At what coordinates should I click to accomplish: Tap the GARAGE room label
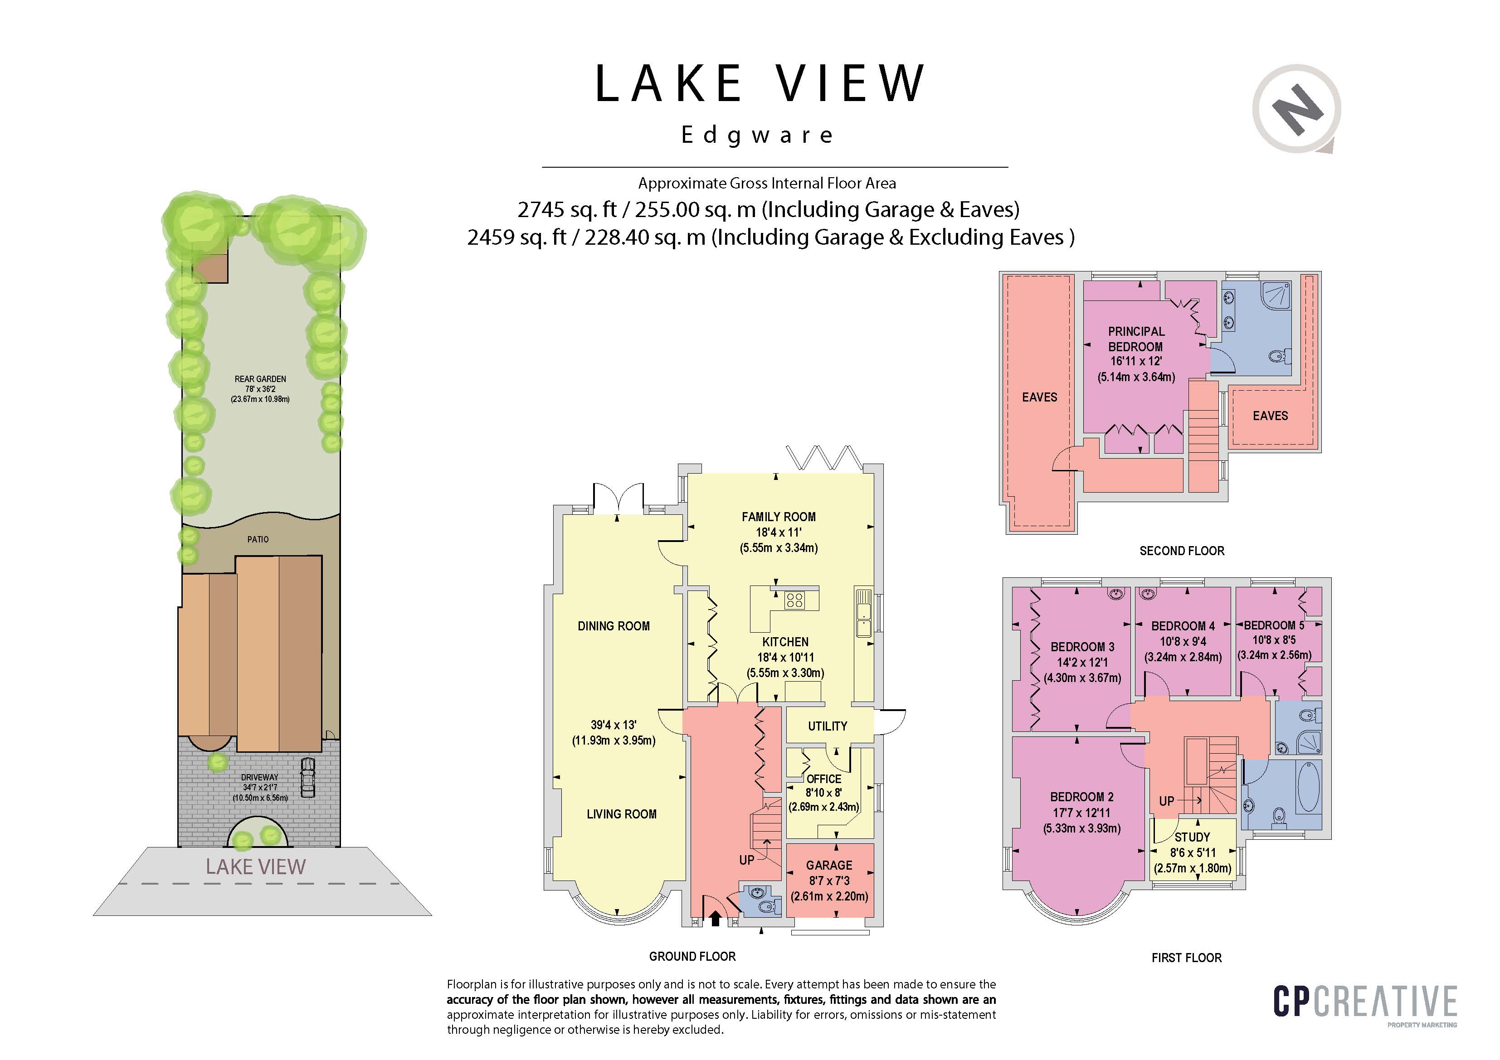829,865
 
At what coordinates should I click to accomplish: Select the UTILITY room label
827,726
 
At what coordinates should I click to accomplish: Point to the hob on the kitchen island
794,600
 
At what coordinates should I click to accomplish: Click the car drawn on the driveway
307,777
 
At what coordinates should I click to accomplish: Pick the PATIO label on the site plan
258,539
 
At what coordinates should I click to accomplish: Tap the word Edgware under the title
757,135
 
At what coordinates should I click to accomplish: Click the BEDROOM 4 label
1183,626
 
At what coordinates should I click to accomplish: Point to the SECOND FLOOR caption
1182,551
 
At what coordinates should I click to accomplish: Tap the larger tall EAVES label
1039,397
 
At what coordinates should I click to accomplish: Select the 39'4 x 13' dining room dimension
614,725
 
